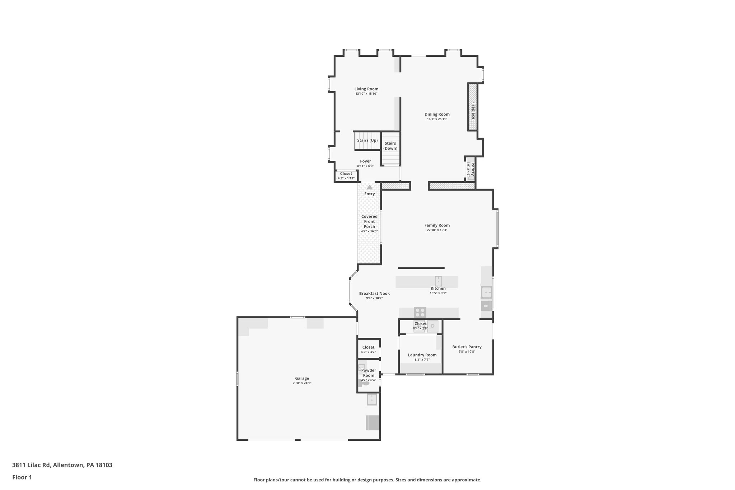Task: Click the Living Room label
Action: [366, 89]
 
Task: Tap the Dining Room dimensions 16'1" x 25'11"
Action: [437, 119]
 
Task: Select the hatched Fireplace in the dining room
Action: [473, 107]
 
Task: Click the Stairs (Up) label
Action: [367, 140]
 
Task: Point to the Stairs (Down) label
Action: [390, 146]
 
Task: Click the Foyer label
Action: [365, 161]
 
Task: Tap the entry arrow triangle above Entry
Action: [369, 187]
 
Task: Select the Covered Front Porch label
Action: [369, 221]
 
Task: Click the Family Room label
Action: [437, 225]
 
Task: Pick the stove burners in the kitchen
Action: [420, 312]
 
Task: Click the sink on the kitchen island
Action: [438, 281]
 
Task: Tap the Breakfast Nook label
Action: [374, 293]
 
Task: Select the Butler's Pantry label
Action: [467, 347]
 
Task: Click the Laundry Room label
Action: [422, 355]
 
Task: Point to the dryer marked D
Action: [432, 326]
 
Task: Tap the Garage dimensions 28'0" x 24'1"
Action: [302, 383]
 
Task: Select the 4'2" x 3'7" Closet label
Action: [368, 347]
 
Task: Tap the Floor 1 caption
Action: [22, 477]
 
